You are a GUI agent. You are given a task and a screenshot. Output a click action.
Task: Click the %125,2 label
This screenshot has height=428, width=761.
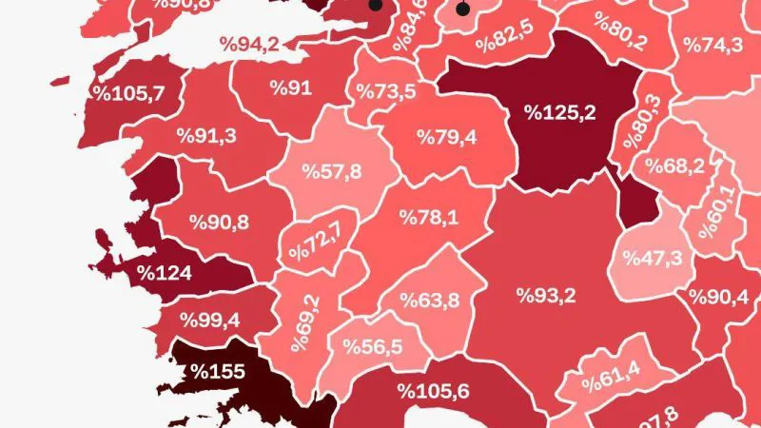(560, 113)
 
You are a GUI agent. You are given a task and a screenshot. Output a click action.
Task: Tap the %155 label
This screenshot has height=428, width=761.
(218, 371)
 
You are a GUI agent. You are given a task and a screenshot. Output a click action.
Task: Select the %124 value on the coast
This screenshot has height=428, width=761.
(165, 273)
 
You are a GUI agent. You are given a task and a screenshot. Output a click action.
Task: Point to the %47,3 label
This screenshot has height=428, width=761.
(653, 258)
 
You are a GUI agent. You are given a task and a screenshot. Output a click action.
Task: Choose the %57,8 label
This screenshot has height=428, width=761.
(331, 171)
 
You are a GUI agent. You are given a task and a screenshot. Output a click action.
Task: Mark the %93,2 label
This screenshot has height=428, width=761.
(546, 296)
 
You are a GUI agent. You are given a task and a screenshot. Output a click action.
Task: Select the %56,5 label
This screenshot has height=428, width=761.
(371, 347)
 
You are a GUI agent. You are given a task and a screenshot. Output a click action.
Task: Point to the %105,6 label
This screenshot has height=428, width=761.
(433, 391)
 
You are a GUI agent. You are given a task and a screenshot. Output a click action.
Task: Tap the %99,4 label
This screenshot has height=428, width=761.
(210, 319)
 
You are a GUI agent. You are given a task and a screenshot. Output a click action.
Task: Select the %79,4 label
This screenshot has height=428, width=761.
(446, 137)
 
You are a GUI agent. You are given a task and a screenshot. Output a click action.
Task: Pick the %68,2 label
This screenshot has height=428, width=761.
(674, 165)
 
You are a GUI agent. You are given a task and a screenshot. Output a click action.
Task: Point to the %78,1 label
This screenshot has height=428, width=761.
(429, 218)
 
